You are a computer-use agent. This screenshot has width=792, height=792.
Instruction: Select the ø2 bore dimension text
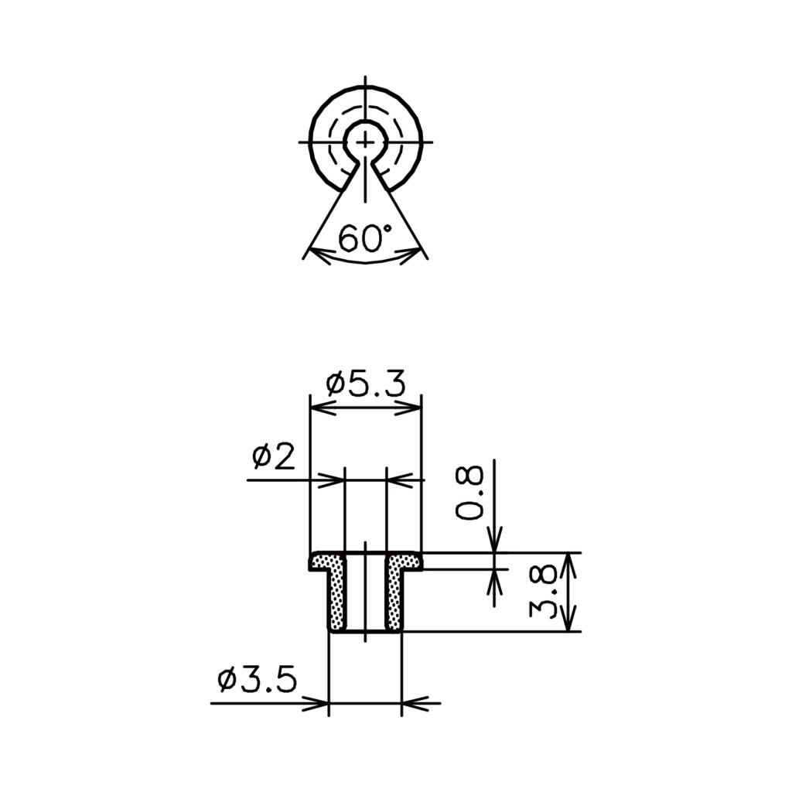[x=273, y=457]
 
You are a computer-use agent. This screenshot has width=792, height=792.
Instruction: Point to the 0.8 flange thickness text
[x=469, y=493]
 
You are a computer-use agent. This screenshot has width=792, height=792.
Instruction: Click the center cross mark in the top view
[x=365, y=142]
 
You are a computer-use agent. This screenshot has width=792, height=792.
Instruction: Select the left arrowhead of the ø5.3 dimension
[x=323, y=408]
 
